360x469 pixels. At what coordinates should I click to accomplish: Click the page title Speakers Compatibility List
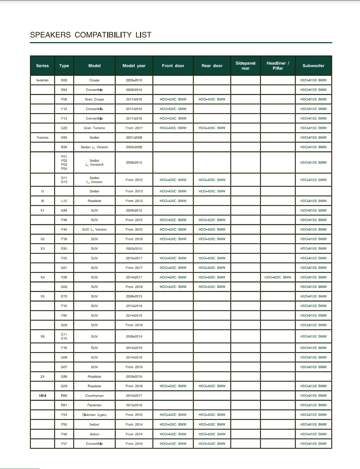(91, 35)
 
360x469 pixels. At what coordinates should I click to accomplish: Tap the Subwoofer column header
(313, 66)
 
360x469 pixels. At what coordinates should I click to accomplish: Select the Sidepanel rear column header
(245, 66)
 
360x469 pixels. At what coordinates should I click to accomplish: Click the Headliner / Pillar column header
(278, 66)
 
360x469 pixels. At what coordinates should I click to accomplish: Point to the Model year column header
(134, 66)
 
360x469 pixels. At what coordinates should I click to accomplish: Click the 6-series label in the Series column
(42, 80)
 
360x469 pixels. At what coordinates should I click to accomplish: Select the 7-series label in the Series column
(42, 137)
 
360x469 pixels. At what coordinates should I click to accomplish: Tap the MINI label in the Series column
(42, 396)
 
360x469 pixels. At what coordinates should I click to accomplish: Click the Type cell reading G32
(64, 128)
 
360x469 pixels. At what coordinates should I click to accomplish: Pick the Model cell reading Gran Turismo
(95, 128)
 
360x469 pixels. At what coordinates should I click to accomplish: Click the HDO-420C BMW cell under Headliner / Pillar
(278, 277)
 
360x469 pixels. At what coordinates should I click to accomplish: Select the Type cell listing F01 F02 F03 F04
(64, 163)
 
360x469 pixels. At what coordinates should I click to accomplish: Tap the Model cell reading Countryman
(95, 396)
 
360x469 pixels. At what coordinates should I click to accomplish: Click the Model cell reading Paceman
(95, 405)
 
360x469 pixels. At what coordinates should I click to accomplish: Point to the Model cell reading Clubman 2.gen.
(95, 415)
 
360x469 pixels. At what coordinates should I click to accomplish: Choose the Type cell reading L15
(64, 201)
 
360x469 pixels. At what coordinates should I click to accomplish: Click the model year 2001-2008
(134, 137)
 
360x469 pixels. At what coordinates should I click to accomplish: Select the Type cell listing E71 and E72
(64, 336)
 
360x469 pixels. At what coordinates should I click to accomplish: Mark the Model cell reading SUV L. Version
(95, 230)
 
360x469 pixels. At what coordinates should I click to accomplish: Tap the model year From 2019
(134, 367)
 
